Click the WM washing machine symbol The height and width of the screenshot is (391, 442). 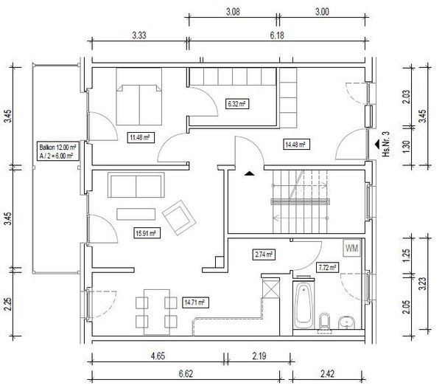click(x=352, y=248)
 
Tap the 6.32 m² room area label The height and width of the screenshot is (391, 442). click(x=237, y=104)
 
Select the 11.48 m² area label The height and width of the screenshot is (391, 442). click(x=140, y=138)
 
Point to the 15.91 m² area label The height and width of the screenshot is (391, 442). click(x=147, y=233)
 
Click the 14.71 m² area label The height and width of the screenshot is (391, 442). click(x=195, y=302)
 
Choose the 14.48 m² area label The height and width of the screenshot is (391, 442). click(x=295, y=145)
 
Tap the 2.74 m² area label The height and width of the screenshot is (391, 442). click(x=264, y=255)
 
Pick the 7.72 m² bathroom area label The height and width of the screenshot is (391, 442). click(x=327, y=267)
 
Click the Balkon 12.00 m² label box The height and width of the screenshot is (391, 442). click(x=58, y=151)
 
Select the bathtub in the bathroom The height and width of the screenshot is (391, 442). click(x=304, y=305)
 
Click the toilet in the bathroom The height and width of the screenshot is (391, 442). click(x=324, y=322)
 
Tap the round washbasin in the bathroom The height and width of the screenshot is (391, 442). click(x=347, y=322)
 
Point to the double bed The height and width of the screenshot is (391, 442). click(x=139, y=97)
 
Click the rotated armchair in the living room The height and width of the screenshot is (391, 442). click(x=179, y=218)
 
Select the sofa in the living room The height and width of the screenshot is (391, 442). click(x=136, y=185)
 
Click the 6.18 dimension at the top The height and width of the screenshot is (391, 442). click(x=277, y=35)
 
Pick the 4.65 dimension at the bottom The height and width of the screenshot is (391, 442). click(x=158, y=356)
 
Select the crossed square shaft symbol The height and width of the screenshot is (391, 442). click(x=271, y=288)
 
